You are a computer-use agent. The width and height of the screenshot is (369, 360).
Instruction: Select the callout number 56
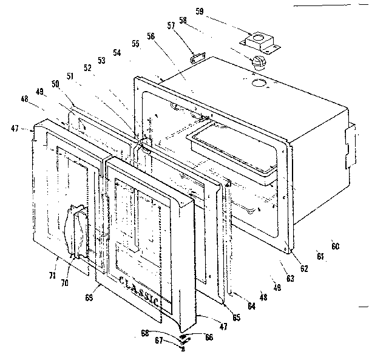pos(150,36)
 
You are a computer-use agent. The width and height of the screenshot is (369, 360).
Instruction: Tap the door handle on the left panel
pos(77,234)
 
